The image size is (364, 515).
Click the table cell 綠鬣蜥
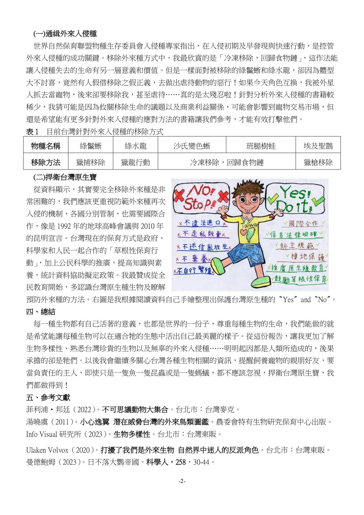(x=90, y=146)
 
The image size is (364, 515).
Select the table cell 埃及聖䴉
(x=318, y=146)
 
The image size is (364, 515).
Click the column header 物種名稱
(x=46, y=146)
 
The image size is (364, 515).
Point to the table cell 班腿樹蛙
(x=261, y=146)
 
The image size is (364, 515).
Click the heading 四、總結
(x=41, y=312)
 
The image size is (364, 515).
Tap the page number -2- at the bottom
(x=182, y=482)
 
